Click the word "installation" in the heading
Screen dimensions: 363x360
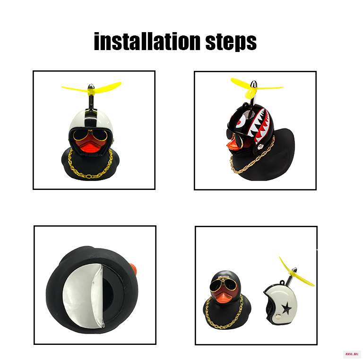(x=147, y=41)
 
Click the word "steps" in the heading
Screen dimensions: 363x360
(x=231, y=42)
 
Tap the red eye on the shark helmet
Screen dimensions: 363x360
(x=241, y=121)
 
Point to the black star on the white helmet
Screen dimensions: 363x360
(x=286, y=308)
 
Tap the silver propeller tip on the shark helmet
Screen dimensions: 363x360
(x=254, y=84)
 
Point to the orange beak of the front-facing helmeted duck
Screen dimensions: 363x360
(x=90, y=146)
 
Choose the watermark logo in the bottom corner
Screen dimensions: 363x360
(x=351, y=354)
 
